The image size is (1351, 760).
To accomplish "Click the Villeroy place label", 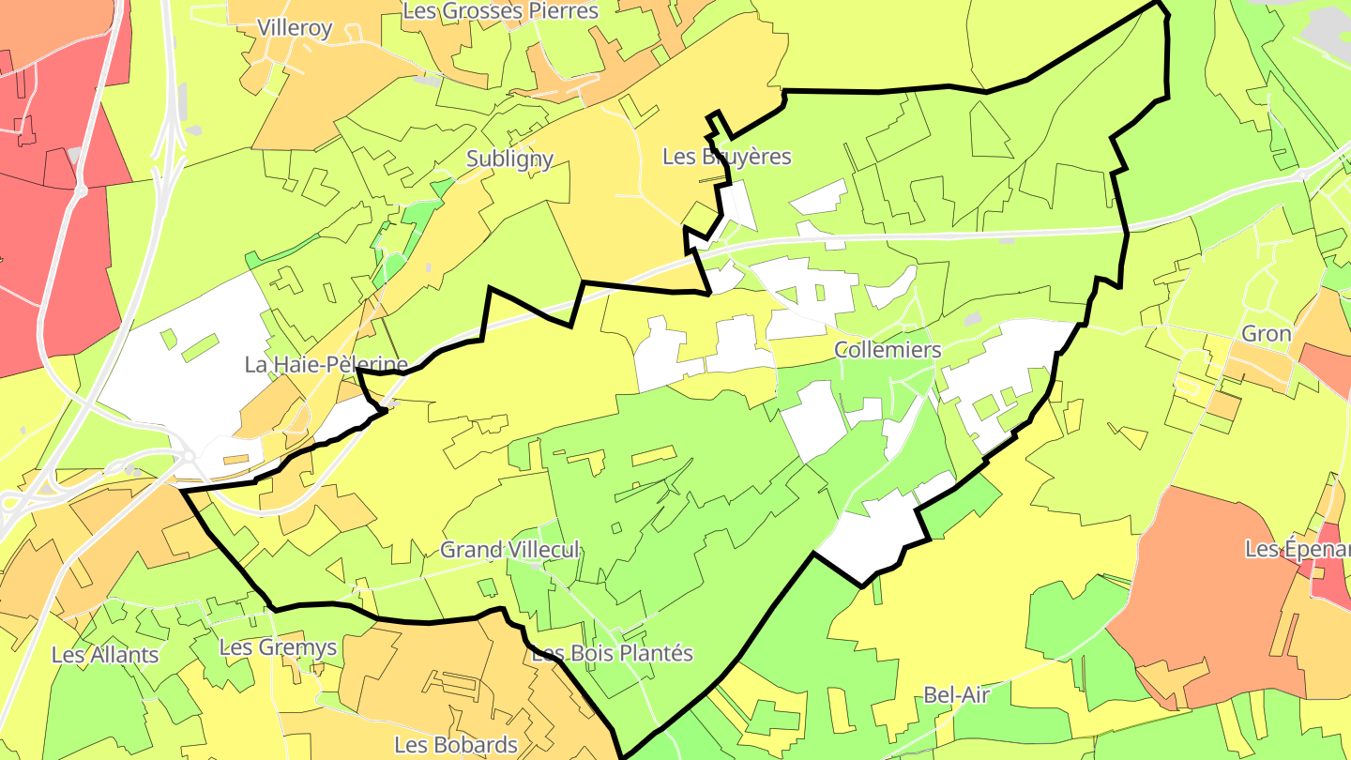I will click(295, 28).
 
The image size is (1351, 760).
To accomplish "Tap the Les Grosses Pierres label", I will click(500, 11).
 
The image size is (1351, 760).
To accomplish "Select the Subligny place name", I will click(509, 160).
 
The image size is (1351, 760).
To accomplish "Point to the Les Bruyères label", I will click(727, 157).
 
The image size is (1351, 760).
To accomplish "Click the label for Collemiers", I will click(888, 350).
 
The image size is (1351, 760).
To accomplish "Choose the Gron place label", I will click(1267, 334).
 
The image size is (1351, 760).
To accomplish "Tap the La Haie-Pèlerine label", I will click(326, 365).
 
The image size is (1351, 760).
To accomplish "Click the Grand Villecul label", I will click(510, 550).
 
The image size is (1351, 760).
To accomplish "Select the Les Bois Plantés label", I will click(613, 653).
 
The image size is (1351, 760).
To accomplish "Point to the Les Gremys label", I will click(278, 647).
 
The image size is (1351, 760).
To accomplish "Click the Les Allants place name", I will click(105, 655).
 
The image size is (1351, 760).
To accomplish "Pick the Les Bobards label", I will click(456, 745).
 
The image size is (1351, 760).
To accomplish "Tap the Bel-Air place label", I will click(957, 695).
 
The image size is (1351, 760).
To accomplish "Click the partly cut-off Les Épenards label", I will click(1298, 549).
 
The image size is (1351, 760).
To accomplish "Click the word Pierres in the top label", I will click(563, 11).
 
